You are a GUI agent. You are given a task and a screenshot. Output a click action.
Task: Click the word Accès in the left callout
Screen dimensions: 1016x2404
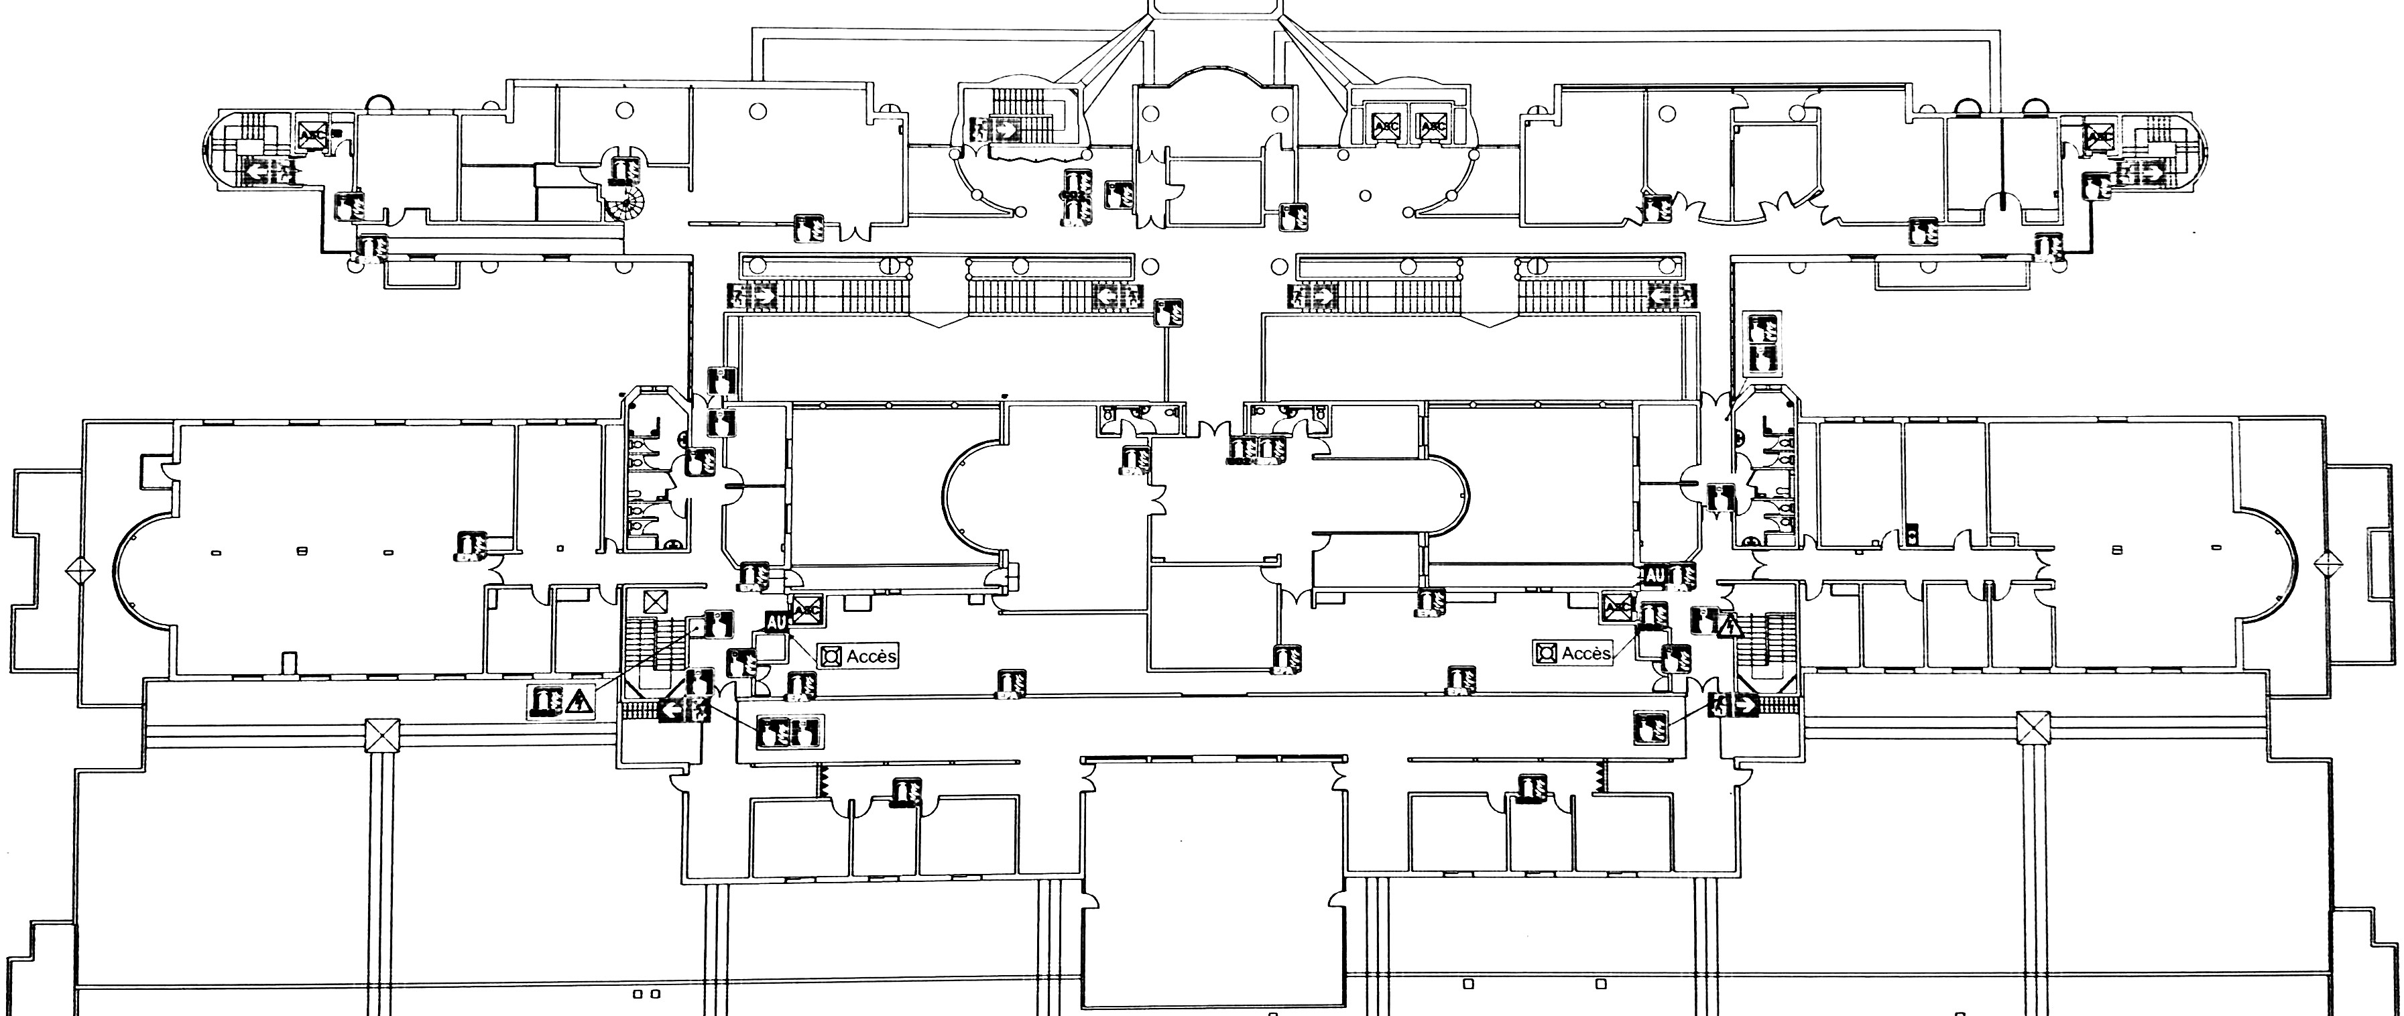click(x=872, y=656)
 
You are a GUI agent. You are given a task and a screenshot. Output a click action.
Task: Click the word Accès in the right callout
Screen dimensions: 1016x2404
click(x=1585, y=653)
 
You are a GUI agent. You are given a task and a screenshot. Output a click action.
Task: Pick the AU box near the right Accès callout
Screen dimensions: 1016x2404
click(x=1654, y=576)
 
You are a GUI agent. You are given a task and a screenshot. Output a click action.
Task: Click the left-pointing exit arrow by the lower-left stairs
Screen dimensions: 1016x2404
click(x=671, y=710)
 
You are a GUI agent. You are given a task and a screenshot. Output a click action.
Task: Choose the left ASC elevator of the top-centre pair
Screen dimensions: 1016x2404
click(x=1386, y=125)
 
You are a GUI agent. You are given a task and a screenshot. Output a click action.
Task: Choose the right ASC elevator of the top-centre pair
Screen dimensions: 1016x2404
click(x=1433, y=125)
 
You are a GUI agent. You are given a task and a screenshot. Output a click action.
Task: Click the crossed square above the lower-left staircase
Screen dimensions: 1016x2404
click(x=656, y=601)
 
